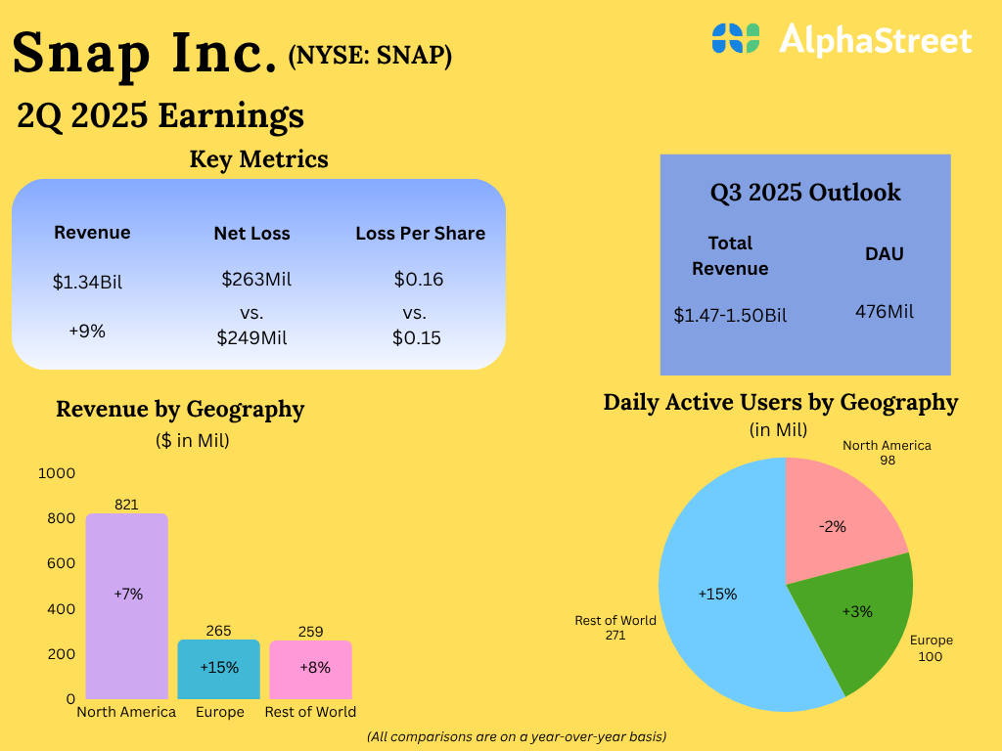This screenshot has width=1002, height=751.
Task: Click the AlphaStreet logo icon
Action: [736, 38]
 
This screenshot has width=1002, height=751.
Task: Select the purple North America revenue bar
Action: [126, 606]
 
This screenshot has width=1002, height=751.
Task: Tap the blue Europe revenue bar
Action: [219, 669]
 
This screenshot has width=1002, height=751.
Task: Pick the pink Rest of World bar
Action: [310, 669]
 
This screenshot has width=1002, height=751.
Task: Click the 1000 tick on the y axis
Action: [57, 473]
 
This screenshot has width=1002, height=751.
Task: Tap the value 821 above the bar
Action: [126, 505]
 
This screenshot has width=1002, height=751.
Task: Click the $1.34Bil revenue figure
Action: [88, 283]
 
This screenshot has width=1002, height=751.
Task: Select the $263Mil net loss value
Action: [256, 280]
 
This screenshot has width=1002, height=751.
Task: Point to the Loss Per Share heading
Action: [421, 234]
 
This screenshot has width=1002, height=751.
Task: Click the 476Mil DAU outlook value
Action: [885, 311]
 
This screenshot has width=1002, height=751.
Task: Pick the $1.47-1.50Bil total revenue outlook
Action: [730, 315]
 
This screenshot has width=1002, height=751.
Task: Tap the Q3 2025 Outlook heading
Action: [805, 192]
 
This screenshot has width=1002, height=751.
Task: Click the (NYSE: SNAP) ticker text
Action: [370, 57]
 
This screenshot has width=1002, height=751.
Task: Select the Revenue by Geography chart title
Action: [180, 409]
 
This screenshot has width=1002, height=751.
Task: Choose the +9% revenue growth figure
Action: [87, 331]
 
